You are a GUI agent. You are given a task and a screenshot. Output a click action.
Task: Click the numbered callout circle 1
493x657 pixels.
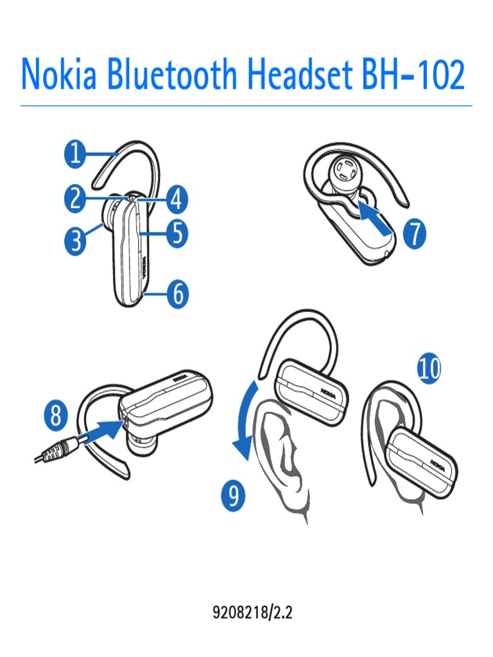76,155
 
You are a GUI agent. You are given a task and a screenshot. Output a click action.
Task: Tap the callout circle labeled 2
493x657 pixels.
76,199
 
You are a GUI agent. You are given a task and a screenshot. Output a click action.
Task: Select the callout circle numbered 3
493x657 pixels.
76,243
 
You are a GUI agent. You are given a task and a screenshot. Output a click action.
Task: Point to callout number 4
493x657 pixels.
175,200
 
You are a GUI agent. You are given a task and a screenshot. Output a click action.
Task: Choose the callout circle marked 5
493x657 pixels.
175,234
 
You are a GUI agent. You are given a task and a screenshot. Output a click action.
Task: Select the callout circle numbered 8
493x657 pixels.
56,417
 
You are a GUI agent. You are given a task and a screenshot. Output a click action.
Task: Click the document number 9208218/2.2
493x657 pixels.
252,612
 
